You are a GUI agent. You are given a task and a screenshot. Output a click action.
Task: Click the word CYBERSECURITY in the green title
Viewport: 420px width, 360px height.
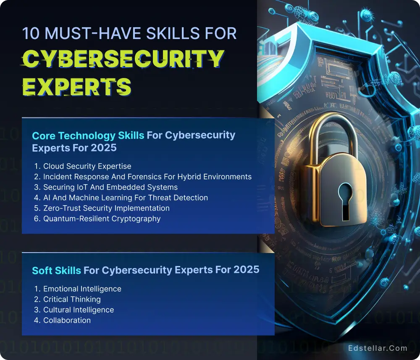point(122,59)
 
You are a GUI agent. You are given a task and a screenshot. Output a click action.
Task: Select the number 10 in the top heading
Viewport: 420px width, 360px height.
point(31,33)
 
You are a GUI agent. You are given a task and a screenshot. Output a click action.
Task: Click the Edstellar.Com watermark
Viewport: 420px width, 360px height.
point(378,348)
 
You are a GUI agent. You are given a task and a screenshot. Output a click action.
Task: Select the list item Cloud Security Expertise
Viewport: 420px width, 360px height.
point(87,166)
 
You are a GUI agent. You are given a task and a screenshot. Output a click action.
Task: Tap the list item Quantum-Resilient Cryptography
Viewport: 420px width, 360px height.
point(102,219)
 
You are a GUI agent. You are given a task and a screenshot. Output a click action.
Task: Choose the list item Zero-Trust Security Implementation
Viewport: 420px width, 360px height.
point(107,208)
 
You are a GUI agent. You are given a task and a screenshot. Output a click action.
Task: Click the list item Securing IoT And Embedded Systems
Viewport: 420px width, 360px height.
point(110,187)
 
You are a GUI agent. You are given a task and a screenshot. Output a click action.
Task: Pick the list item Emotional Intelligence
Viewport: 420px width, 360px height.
point(82,289)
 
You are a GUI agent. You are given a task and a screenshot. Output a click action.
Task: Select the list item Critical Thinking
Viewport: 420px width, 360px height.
point(72,299)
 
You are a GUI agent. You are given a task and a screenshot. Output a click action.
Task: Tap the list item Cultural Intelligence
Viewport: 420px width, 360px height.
point(79,310)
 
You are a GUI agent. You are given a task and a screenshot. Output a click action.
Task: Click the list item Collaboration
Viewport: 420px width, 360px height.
point(67,320)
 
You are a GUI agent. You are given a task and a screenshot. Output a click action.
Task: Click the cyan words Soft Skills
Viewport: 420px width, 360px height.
point(56,271)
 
